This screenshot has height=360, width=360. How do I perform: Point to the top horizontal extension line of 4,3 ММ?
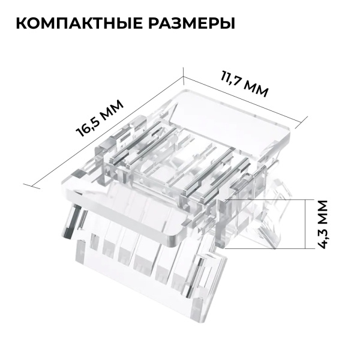pos(264,199)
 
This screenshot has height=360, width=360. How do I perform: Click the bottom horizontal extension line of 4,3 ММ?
pos(264,247)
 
